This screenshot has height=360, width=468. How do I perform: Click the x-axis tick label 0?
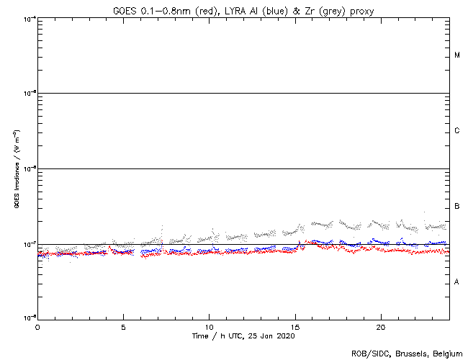(x=37, y=326)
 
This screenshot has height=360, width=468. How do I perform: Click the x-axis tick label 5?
(x=123, y=326)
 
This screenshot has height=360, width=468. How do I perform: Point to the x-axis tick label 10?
(x=209, y=326)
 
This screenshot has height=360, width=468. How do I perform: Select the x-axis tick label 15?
(x=294, y=326)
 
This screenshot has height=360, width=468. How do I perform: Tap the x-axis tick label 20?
(x=380, y=326)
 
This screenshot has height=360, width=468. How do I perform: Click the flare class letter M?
(x=457, y=55)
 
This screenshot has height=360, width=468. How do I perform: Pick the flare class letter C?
(x=457, y=131)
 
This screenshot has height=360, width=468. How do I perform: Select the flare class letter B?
(x=457, y=207)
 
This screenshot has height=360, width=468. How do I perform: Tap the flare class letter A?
(x=457, y=282)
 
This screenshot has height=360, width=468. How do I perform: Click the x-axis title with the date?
(x=243, y=336)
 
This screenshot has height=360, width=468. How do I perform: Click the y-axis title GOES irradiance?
(x=16, y=169)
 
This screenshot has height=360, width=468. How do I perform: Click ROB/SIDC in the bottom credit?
(x=369, y=354)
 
